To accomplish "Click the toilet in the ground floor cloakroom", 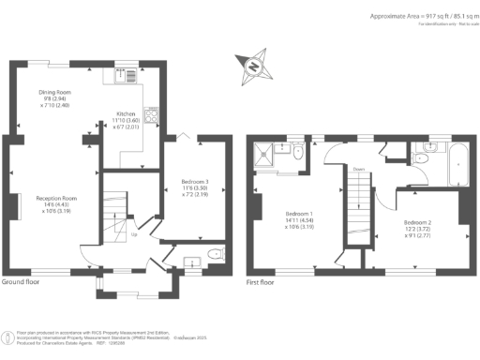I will coord(214,253).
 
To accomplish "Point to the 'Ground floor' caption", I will coord(21,281).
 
